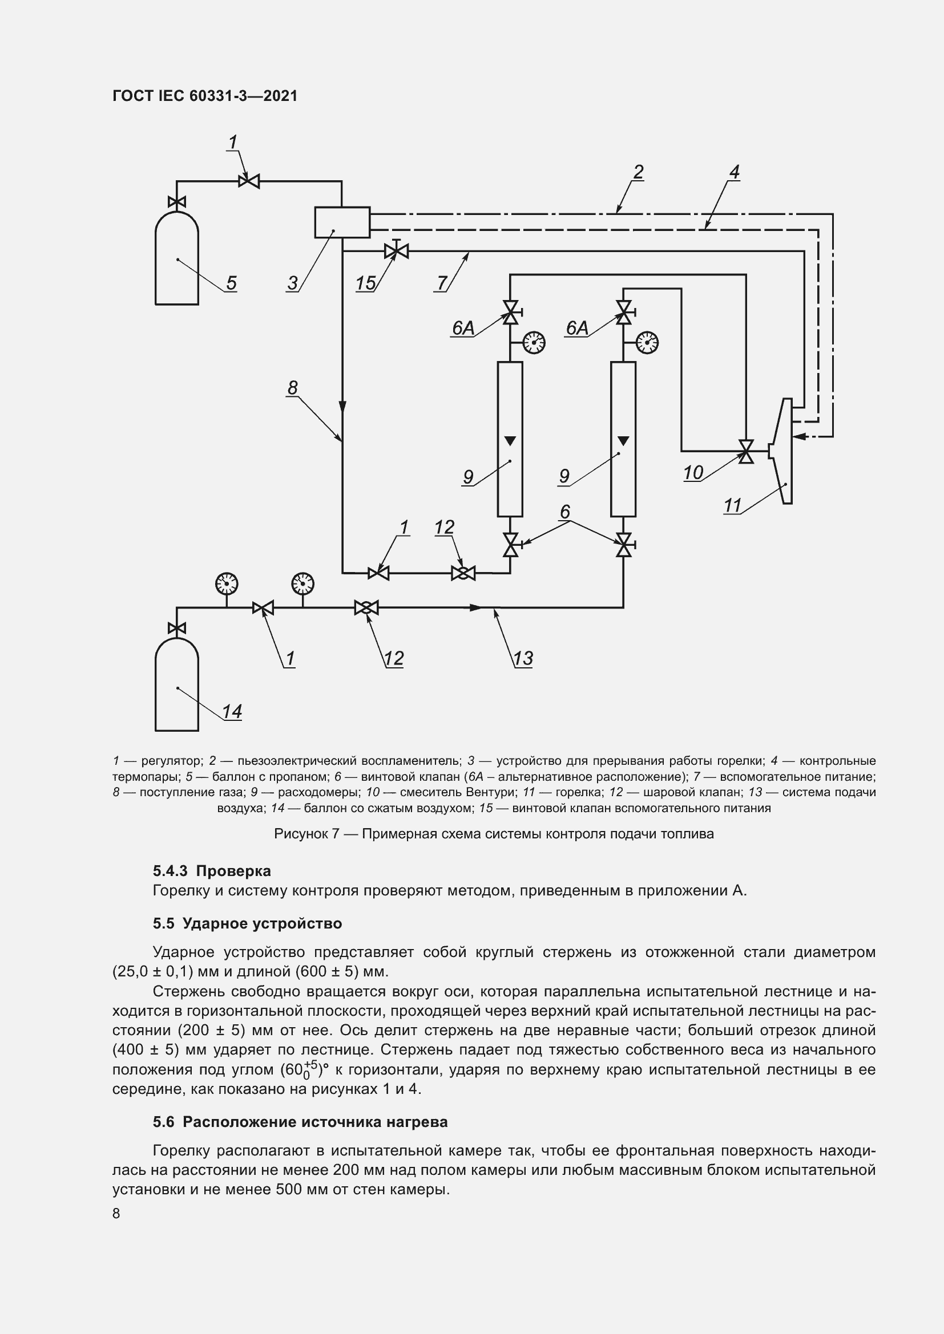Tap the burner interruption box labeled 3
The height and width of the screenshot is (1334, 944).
[x=342, y=222]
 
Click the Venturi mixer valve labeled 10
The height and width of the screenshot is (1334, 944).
[x=746, y=452]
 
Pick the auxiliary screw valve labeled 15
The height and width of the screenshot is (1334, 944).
[x=397, y=251]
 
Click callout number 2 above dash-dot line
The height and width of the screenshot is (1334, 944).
[x=638, y=173]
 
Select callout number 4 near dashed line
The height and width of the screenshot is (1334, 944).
[x=734, y=173]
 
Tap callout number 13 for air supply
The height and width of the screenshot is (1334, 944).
[x=523, y=658]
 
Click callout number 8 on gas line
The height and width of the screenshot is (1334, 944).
[x=292, y=387]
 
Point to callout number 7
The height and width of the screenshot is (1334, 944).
[x=442, y=283]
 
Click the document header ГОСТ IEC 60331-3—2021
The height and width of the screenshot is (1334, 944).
[x=205, y=96]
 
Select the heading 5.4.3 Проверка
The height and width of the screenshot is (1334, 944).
[x=212, y=871]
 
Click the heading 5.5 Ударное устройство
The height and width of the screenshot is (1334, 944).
[x=247, y=923]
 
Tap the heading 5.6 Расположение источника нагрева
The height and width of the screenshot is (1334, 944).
[x=300, y=1121]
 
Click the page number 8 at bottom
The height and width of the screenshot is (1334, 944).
[x=116, y=1213]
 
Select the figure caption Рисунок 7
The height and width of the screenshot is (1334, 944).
[x=494, y=834]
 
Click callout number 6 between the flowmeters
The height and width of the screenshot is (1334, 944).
[x=564, y=512]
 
